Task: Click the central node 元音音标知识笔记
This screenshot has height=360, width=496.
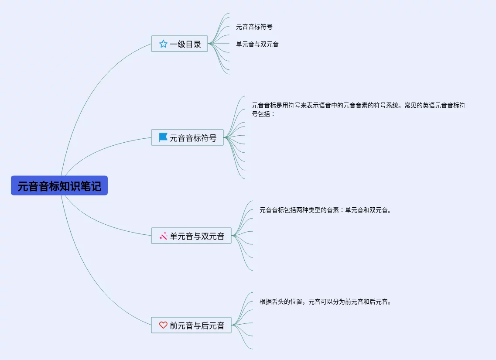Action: pyautogui.click(x=59, y=186)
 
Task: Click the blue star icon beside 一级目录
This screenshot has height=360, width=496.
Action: pyautogui.click(x=163, y=44)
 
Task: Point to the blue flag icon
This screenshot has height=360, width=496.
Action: pyautogui.click(x=163, y=137)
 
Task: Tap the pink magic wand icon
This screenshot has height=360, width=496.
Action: pyautogui.click(x=164, y=236)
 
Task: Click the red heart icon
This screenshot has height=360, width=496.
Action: pyautogui.click(x=163, y=325)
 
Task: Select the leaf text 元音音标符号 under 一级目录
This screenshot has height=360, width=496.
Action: pyautogui.click(x=254, y=27)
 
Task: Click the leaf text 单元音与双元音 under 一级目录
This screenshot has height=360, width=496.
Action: pyautogui.click(x=257, y=44)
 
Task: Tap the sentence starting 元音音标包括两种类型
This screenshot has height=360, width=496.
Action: pyautogui.click(x=325, y=210)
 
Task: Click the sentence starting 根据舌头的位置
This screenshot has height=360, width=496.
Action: pyautogui.click(x=325, y=302)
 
